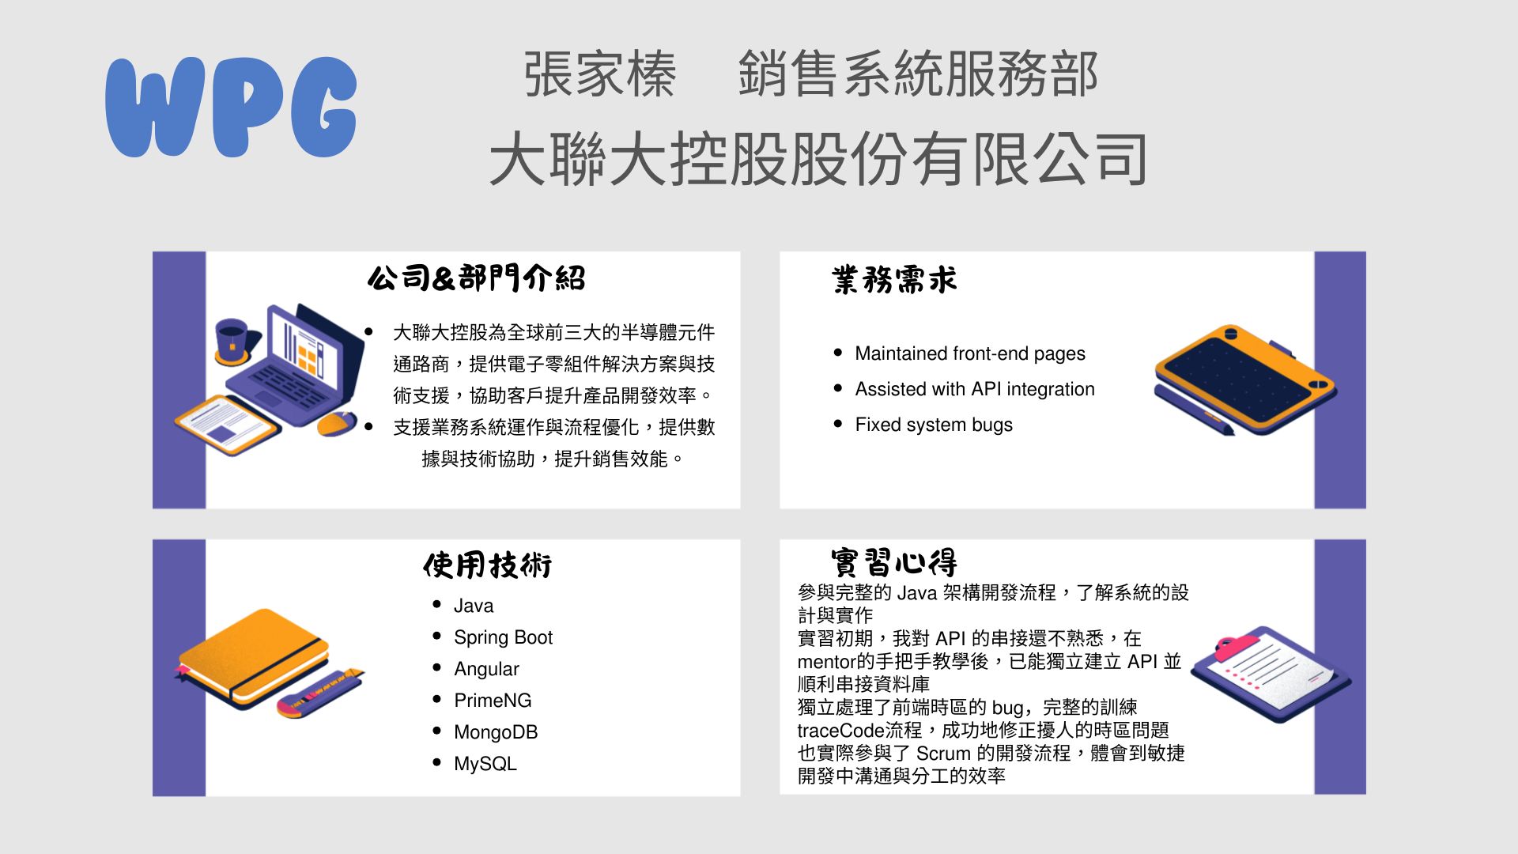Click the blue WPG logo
pos(231,107)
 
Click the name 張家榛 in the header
pos(600,74)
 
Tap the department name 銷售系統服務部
pos(918,74)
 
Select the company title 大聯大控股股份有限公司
pos(818,159)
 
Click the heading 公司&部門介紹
pos(477,278)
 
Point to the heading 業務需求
pos(894,280)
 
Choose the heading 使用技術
pos(487,565)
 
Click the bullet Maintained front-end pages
pos(970,353)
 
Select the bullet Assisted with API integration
pos(975,389)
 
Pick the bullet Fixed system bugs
pos(934,425)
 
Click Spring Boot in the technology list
pos(503,637)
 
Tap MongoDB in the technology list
pos(496,732)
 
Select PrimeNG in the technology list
pos(493,701)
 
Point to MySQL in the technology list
pos(485,764)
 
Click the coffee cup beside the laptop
pos(233,341)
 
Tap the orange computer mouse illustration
pos(337,424)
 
